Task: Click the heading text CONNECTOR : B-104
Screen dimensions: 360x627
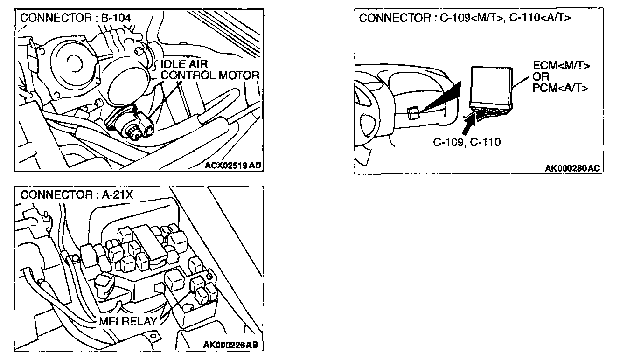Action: pos(76,18)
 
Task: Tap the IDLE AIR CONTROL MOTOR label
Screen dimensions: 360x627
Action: pos(209,69)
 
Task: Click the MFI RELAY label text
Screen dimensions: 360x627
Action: pos(128,322)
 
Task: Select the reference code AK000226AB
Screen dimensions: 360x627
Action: pos(231,345)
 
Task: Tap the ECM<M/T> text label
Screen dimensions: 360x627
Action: pos(561,66)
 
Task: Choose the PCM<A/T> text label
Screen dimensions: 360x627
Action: pos(560,87)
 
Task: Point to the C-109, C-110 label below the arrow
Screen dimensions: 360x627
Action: pos(467,142)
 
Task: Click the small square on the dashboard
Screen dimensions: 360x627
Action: pos(412,112)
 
